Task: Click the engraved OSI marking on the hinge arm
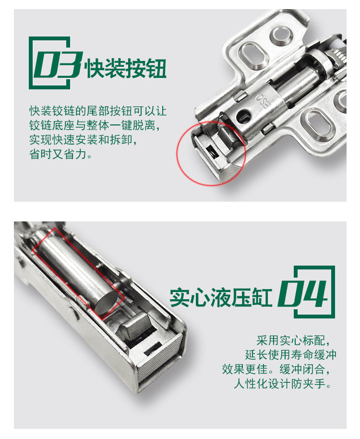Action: point(265,102)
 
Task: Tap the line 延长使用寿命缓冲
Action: point(290,355)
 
